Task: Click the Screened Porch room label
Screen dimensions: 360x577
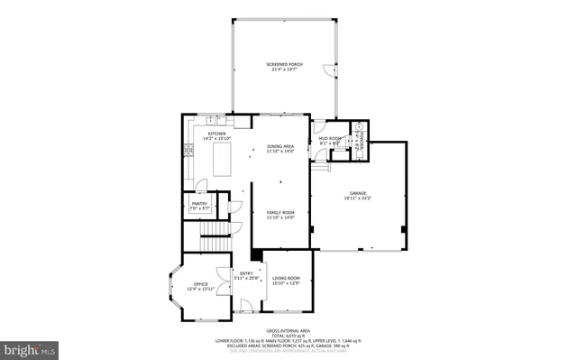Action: click(283, 65)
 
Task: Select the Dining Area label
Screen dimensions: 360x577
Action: click(280, 146)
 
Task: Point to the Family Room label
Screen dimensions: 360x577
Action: click(280, 213)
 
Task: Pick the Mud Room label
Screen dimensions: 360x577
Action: click(329, 138)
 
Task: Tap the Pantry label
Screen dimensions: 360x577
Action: click(199, 204)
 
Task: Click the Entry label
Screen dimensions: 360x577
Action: click(245, 273)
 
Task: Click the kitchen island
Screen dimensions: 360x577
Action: click(220, 164)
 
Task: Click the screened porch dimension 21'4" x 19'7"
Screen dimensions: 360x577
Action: click(283, 70)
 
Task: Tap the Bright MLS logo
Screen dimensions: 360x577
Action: click(30, 347)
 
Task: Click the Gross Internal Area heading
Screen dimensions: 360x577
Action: click(288, 330)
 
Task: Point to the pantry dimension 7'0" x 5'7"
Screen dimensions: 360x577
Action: click(199, 209)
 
